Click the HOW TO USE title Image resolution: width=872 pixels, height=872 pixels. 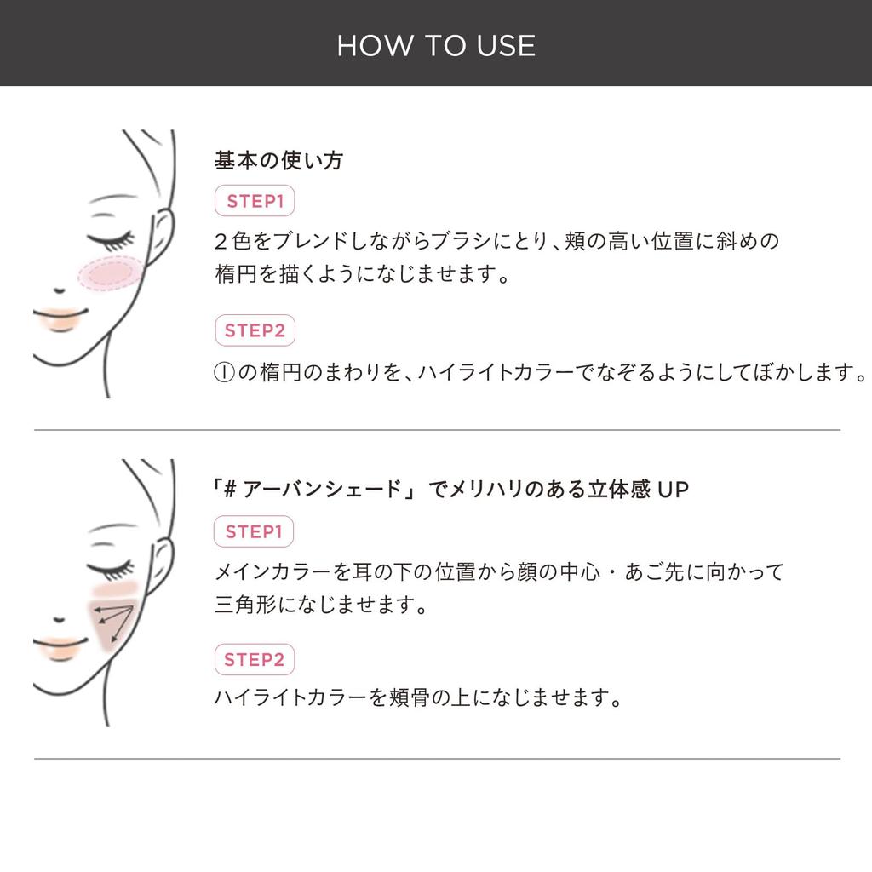click(x=436, y=46)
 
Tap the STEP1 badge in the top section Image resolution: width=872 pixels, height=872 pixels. click(x=255, y=201)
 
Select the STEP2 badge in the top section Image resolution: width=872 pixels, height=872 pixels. click(x=255, y=330)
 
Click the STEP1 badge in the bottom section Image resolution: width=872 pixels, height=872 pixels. click(x=254, y=531)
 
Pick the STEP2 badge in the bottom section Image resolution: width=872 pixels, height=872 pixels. click(x=254, y=660)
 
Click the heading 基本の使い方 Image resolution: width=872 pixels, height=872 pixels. click(x=278, y=160)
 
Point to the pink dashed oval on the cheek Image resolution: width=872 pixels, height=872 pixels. click(x=111, y=273)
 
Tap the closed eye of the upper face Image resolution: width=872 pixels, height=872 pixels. click(x=112, y=240)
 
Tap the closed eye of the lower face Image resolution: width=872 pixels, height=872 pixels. click(x=112, y=570)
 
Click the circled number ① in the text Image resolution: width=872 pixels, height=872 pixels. click(x=224, y=372)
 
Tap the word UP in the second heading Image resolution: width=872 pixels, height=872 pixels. click(x=673, y=490)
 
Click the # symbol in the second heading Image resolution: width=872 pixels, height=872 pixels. click(x=230, y=490)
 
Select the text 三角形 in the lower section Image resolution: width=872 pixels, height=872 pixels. click(x=245, y=604)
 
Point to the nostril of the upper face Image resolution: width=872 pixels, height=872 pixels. click(x=59, y=290)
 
